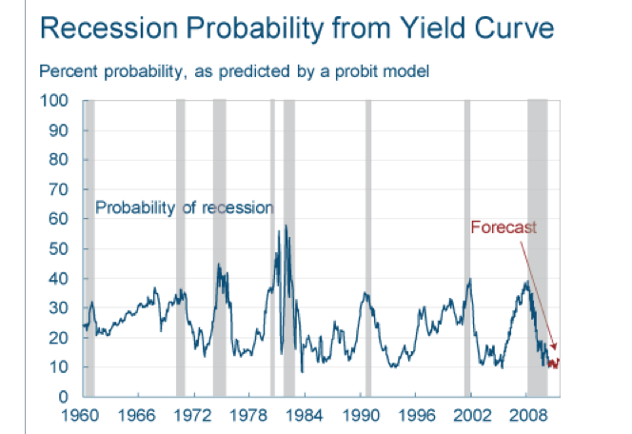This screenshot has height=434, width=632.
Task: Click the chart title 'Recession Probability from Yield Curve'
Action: click(x=294, y=29)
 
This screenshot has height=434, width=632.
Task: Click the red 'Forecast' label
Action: click(x=504, y=227)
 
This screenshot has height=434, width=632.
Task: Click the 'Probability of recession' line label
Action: click(x=184, y=207)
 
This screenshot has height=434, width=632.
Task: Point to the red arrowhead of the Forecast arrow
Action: click(x=555, y=348)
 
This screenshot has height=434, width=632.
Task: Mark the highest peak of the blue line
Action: click(x=286, y=226)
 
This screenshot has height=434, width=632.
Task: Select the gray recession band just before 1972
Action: click(x=181, y=247)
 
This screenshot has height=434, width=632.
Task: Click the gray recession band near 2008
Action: click(x=537, y=247)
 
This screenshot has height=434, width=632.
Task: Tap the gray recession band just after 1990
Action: click(x=368, y=247)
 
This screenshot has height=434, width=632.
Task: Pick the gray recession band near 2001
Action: click(x=467, y=247)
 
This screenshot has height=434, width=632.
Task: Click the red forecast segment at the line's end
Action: click(x=554, y=363)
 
